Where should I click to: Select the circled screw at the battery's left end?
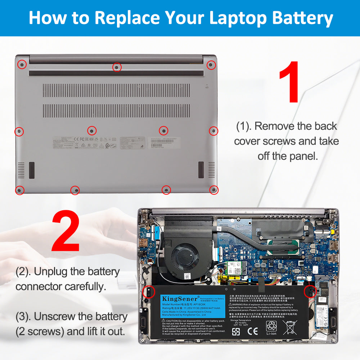coord(147,292)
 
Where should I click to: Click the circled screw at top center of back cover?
coord(117,67)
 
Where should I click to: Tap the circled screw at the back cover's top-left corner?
coord(22,64)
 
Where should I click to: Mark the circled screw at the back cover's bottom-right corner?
coord(213,189)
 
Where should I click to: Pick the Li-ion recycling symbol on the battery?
coord(271,328)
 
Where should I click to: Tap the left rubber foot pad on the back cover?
coord(32,170)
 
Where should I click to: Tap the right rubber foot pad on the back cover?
coord(201,170)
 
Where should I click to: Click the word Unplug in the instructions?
coord(50,271)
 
